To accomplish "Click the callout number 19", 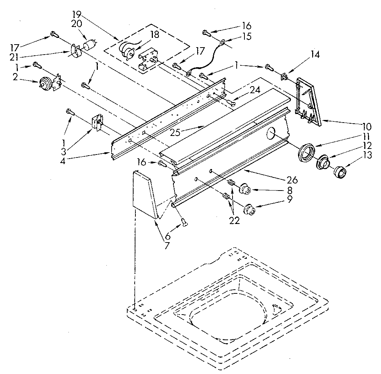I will tap(77, 15).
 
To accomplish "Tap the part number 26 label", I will tap(292, 180).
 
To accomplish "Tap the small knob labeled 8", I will tap(244, 189).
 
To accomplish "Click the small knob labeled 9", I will tap(249, 210).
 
